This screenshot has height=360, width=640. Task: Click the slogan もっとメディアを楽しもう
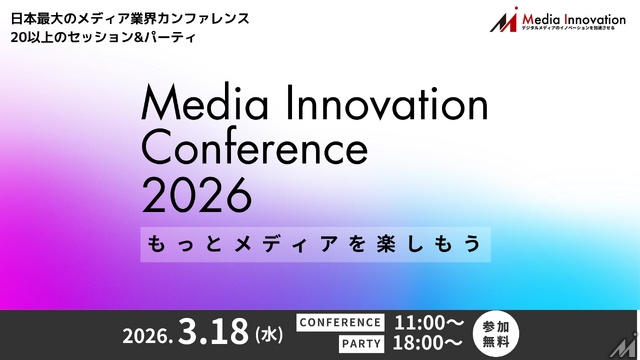pyautogui.click(x=314, y=244)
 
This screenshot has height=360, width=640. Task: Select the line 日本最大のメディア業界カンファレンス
pyautogui.click(x=130, y=18)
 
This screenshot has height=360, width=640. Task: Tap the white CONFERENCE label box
pyautogui.click(x=340, y=322)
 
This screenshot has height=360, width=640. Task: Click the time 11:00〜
pyautogui.click(x=429, y=322)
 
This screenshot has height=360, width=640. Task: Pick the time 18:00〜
pyautogui.click(x=429, y=342)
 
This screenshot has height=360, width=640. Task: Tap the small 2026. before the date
pyautogui.click(x=149, y=335)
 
